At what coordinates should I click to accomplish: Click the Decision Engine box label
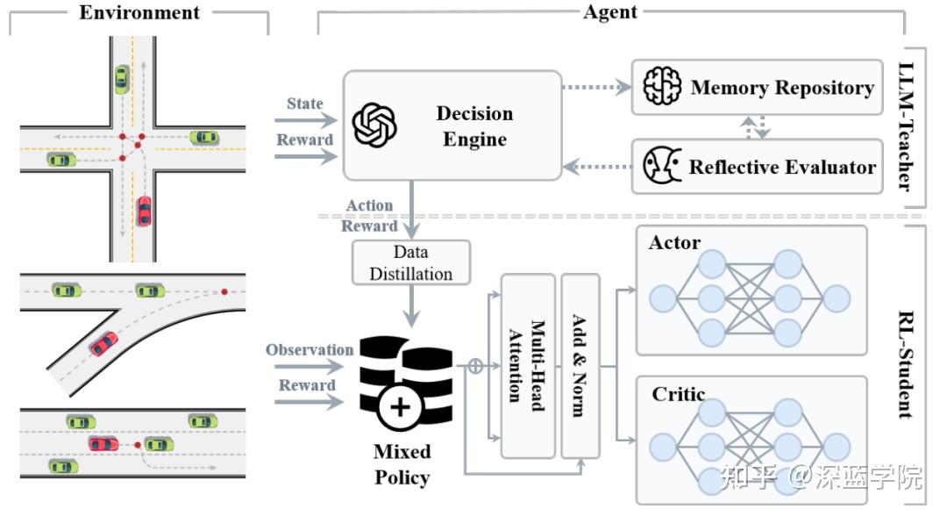(474, 126)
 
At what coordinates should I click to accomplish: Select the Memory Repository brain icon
(662, 87)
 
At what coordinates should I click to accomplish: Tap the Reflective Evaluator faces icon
(662, 166)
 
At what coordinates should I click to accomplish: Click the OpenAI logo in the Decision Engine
(374, 125)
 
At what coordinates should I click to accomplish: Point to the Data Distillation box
(410, 262)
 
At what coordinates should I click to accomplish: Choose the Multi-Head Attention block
(528, 365)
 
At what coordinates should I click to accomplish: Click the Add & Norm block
(580, 365)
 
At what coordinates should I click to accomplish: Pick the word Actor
(674, 242)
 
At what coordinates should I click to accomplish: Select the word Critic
(678, 394)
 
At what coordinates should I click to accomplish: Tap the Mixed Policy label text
(402, 464)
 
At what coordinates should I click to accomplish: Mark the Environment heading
(139, 12)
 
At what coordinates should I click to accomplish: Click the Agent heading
(610, 12)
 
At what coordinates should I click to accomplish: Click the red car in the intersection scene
(144, 211)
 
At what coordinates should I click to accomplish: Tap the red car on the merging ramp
(103, 343)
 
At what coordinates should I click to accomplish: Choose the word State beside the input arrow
(304, 104)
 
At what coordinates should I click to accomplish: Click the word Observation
(310, 350)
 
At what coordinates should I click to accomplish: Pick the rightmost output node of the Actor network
(837, 299)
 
